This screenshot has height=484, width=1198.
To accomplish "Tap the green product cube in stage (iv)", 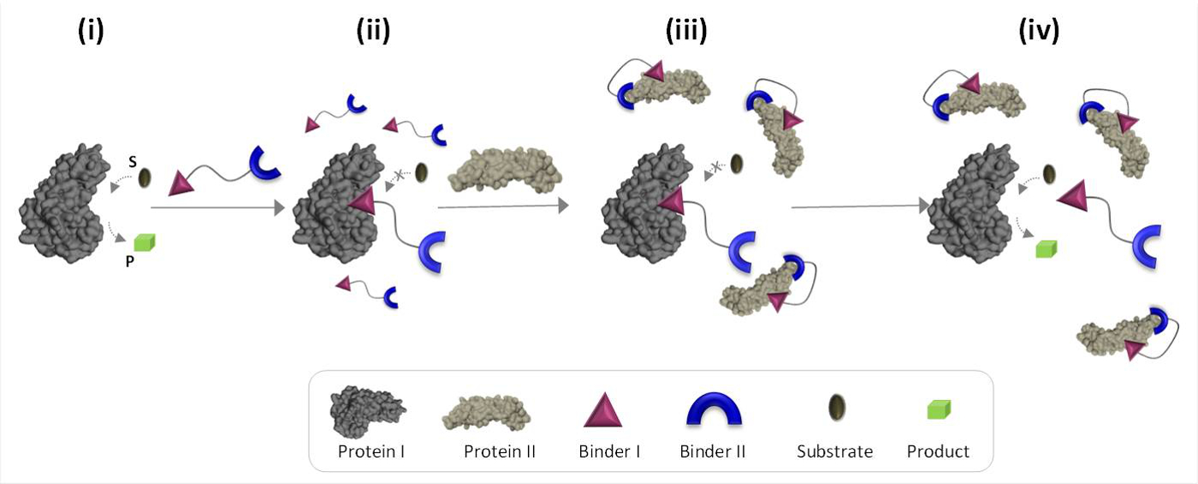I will (x=1047, y=248).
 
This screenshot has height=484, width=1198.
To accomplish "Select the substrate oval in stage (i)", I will (x=146, y=178).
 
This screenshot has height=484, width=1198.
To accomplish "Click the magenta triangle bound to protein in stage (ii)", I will (x=362, y=202).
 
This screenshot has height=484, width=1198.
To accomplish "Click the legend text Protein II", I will (x=499, y=451).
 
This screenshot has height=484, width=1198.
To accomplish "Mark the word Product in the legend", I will (x=938, y=451).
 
